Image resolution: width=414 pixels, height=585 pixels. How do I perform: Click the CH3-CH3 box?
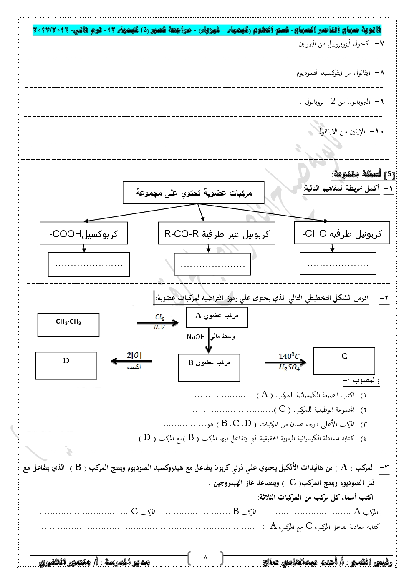click(x=68, y=325)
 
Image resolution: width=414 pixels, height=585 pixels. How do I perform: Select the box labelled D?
click(x=66, y=365)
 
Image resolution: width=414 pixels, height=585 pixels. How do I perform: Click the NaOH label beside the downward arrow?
click(x=196, y=337)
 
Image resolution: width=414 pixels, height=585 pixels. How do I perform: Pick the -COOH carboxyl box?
click(x=83, y=233)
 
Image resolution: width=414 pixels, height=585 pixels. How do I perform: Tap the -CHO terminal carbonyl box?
click(x=342, y=233)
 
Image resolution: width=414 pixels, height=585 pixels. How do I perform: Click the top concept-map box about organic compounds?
click(x=194, y=193)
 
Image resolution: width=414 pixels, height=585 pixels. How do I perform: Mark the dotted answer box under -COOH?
click(x=88, y=264)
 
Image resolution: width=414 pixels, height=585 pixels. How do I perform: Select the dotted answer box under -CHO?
click(x=338, y=264)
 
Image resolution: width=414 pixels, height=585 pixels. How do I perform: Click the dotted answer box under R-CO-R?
click(x=212, y=264)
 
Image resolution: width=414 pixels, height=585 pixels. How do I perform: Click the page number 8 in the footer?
click(x=205, y=557)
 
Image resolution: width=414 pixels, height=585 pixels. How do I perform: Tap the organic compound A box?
click(x=217, y=318)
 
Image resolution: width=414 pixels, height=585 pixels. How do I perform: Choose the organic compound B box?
click(x=209, y=367)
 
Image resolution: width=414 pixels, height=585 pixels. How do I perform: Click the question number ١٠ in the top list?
click(x=379, y=131)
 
